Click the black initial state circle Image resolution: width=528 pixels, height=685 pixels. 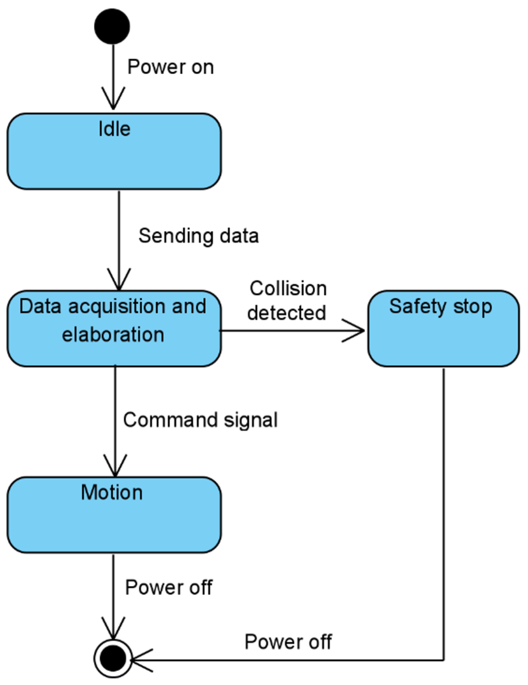click(x=112, y=26)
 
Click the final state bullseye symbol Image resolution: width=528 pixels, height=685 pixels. click(x=113, y=659)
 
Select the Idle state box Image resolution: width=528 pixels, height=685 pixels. click(x=114, y=151)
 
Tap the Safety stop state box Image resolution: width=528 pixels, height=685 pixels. click(x=443, y=329)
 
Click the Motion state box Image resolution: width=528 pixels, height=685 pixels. click(x=114, y=515)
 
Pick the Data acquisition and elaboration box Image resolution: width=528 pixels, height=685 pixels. click(x=114, y=329)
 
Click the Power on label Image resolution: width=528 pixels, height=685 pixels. click(x=170, y=67)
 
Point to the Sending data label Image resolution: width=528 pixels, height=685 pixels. click(x=198, y=236)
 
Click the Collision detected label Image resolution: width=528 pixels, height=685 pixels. click(x=287, y=301)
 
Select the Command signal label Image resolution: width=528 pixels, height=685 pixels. click(x=200, y=420)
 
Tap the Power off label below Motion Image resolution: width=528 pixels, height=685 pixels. click(x=168, y=588)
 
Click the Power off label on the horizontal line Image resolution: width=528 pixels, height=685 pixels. click(x=288, y=642)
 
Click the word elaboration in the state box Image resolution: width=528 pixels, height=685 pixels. click(x=113, y=335)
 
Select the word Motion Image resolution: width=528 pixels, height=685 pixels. click(x=112, y=493)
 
